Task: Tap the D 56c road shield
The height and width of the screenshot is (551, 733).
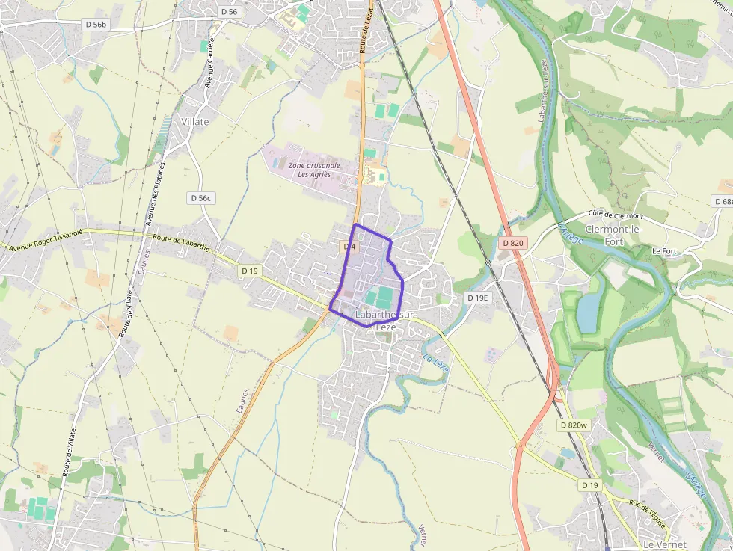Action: [200, 198]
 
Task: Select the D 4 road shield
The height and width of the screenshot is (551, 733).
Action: [349, 247]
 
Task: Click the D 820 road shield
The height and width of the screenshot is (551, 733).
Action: [513, 243]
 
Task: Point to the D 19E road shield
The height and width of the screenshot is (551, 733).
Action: [477, 298]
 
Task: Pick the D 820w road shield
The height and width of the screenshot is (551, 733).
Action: [574, 425]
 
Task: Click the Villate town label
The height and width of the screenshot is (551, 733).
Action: [195, 121]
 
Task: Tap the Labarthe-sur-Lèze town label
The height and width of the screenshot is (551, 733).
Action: [386, 321]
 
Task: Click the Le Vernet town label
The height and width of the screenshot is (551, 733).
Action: [664, 544]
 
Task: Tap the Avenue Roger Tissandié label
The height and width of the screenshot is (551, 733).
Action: [46, 239]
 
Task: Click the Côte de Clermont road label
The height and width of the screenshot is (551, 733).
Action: [616, 215]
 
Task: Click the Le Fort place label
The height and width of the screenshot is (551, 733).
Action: [664, 251]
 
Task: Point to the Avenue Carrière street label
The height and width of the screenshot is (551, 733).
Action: [210, 64]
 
